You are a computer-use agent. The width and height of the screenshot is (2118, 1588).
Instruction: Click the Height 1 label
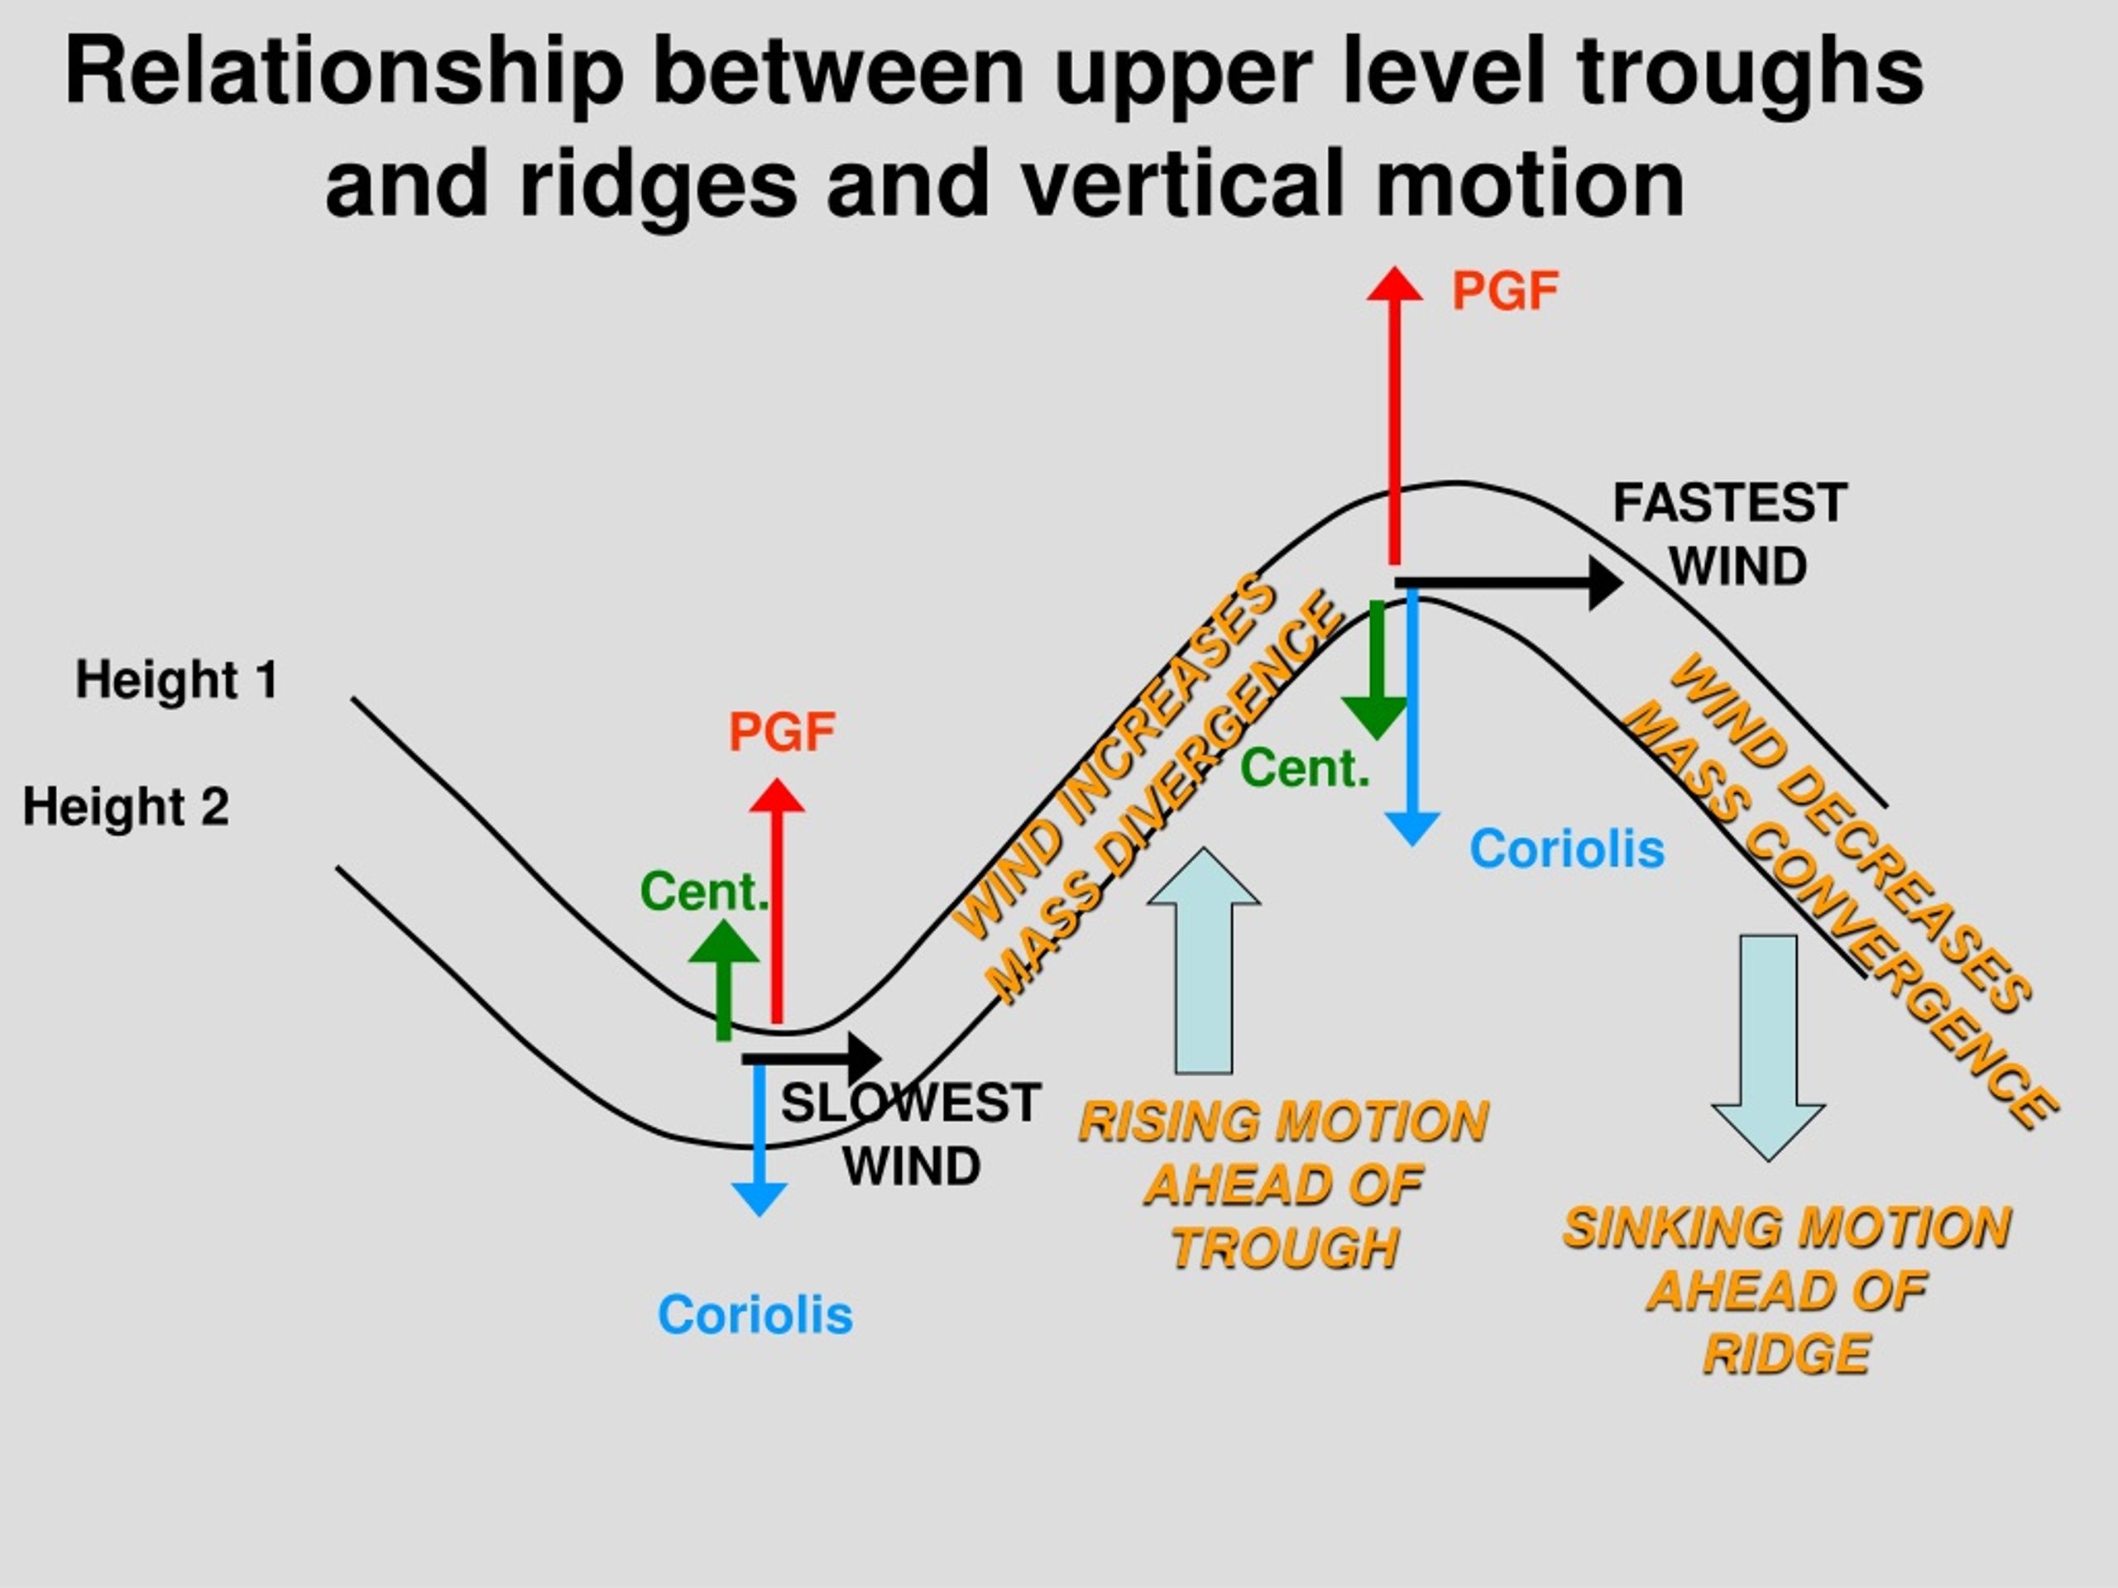pos(177,681)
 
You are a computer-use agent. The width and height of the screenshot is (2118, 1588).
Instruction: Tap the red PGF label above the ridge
pos(1505,291)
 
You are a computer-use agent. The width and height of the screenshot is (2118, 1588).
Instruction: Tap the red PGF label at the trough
pos(783,732)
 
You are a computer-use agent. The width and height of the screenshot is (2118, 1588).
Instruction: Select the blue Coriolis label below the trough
pos(755,1315)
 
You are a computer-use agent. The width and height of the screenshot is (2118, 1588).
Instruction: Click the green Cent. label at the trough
pos(705,892)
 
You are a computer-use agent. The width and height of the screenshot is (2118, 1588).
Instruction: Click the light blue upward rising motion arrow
pos(1204,960)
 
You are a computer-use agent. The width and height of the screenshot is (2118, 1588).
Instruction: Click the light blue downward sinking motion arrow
pos(1769,1047)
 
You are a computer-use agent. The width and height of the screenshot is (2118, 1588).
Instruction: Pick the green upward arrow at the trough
pos(724,980)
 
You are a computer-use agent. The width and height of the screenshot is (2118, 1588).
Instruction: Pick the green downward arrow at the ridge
pos(1376,670)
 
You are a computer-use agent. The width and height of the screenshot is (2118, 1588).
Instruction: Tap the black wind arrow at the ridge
pos(1508,582)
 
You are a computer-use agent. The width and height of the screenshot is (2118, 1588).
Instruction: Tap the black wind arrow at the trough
pos(812,1058)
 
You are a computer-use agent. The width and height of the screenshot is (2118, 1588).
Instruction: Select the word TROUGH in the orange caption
pos(1285,1248)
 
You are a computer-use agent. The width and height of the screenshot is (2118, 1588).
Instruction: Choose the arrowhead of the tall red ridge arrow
pos(1394,284)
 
